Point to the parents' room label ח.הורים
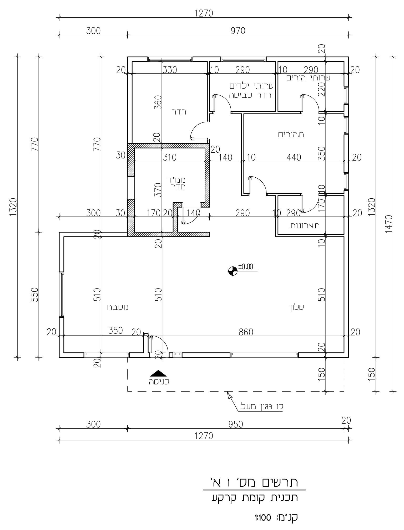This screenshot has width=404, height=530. point(291,135)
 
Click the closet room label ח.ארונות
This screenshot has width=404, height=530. point(305,226)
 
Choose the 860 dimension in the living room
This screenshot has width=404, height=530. point(246,332)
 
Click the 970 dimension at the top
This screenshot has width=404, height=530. point(238,31)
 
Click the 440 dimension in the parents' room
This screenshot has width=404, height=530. point(294,157)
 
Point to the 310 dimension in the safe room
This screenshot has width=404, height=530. point(170,157)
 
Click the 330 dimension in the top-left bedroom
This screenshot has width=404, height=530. point(170,70)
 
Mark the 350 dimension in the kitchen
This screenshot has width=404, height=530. point(116,330)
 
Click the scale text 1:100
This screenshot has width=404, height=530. point(263,518)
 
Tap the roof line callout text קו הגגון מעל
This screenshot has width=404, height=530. point(262,406)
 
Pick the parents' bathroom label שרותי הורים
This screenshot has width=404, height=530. point(308,78)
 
